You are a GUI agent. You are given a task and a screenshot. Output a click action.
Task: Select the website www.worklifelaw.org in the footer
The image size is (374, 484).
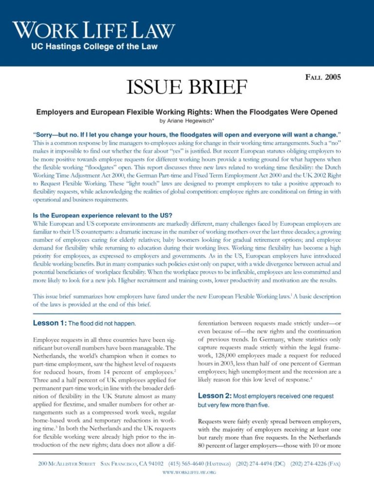[187, 471]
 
